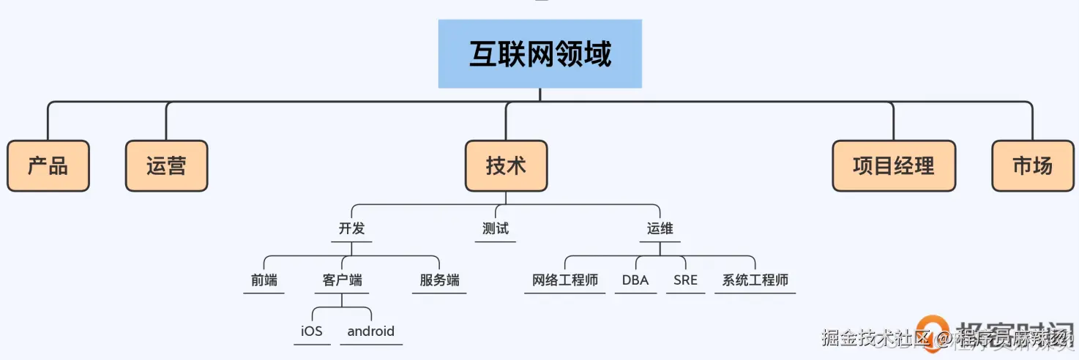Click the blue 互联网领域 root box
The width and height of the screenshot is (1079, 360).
539,54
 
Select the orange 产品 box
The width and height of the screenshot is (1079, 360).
48,166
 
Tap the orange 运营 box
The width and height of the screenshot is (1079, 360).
166,166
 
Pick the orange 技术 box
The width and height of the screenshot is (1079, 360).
506,166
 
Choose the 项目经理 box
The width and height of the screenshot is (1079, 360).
894,166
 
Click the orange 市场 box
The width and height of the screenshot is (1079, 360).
1032,166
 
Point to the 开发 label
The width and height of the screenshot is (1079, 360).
351,228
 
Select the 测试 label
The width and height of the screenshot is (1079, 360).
496,228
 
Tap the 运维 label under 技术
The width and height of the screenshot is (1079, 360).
660,228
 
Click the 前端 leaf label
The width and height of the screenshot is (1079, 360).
264,280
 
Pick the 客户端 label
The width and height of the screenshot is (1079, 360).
342,280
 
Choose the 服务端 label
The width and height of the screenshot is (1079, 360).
439,280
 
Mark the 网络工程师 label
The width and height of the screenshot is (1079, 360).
564,280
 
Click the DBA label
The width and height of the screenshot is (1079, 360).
635,280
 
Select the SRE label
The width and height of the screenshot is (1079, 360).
685,280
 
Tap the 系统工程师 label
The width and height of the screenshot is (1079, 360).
755,280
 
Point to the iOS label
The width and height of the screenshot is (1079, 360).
311,331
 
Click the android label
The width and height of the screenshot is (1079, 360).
370,331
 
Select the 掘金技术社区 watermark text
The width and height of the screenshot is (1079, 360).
874,338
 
